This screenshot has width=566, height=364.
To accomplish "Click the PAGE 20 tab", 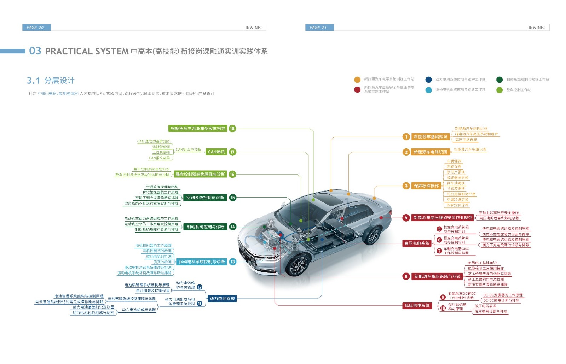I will click(36, 28).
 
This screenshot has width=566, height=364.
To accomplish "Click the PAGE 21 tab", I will click(319, 28).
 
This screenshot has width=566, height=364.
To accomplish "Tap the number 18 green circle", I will click(232, 129).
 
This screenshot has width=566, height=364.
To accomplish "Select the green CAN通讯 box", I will click(216, 152).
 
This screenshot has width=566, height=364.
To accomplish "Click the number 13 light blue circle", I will click(232, 262).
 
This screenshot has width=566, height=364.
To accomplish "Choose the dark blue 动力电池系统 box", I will click(222, 299).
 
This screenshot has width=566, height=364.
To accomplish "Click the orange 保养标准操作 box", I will click(426, 186).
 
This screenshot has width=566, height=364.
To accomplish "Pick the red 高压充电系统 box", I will click(417, 243).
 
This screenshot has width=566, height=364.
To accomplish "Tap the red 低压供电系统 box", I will click(417, 305).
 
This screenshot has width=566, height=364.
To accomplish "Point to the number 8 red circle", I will click(406, 276).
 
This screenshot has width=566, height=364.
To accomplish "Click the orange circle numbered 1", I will click(406, 137).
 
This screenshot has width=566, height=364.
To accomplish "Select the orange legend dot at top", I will click(357, 80).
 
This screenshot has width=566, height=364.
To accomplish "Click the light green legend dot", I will click(499, 90).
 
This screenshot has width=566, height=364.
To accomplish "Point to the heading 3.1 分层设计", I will click(51, 81).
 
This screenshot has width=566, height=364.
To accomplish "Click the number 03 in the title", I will click(35, 51).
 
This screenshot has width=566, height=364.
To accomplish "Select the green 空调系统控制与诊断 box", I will click(205, 198).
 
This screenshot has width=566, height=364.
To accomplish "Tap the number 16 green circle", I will click(232, 174).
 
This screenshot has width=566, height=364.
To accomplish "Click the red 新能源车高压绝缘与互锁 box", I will click(437, 276).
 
